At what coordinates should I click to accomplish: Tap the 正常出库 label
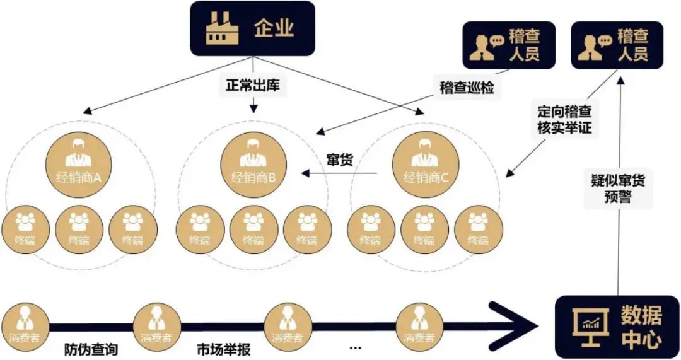tap(253, 85)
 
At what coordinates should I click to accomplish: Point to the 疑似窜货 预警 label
tap(617, 189)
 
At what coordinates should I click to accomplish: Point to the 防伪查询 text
tap(91, 349)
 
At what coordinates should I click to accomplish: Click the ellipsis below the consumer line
tap(355, 347)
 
